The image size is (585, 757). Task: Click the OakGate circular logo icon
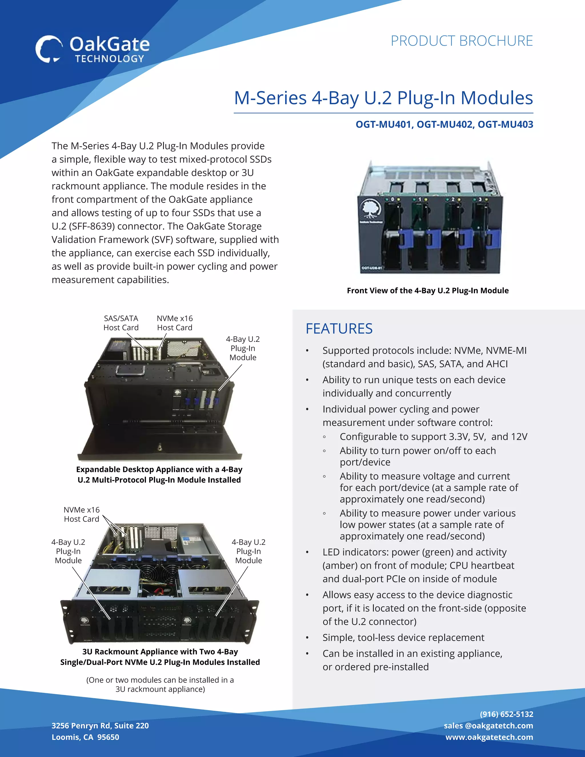click(49, 49)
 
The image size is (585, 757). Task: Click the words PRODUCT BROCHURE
click(461, 41)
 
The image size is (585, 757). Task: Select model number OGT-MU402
click(445, 125)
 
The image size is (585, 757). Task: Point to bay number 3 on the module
click(480, 199)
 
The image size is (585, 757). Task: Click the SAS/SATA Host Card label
click(121, 323)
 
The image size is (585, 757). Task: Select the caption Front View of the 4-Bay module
click(427, 291)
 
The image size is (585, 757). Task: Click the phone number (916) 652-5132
click(506, 714)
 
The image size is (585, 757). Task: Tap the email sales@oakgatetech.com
click(488, 726)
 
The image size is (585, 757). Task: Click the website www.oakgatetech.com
click(489, 737)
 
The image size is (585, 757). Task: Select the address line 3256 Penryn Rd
click(100, 726)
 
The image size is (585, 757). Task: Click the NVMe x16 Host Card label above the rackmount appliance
click(81, 514)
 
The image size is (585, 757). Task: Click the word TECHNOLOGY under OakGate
click(109, 59)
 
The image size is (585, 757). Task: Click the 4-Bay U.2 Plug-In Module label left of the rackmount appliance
click(68, 551)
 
